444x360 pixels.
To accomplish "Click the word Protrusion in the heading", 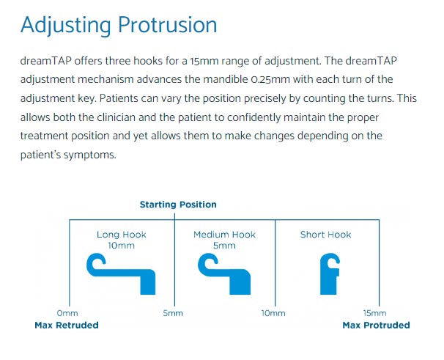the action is click(x=167, y=25).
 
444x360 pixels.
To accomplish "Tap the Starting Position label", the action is click(x=178, y=205).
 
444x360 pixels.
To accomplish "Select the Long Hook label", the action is click(x=121, y=235).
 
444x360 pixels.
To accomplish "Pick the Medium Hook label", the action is click(x=224, y=235).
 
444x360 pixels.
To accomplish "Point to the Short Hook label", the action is click(x=325, y=235).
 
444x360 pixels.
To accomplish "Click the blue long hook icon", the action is click(x=121, y=274).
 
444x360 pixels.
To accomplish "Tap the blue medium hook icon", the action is click(x=224, y=274).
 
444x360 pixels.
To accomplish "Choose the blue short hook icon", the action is click(x=330, y=274).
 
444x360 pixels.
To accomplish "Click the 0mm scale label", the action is click(x=67, y=313).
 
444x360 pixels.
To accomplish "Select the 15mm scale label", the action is click(x=374, y=313).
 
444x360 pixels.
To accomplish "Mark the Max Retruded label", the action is click(x=67, y=325).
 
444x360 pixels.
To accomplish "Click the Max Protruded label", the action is click(x=376, y=325).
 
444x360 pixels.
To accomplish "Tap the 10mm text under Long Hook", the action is click(x=121, y=246).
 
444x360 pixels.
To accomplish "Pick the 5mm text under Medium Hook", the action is click(x=224, y=246).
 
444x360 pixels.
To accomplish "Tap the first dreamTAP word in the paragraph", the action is click(x=46, y=61).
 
